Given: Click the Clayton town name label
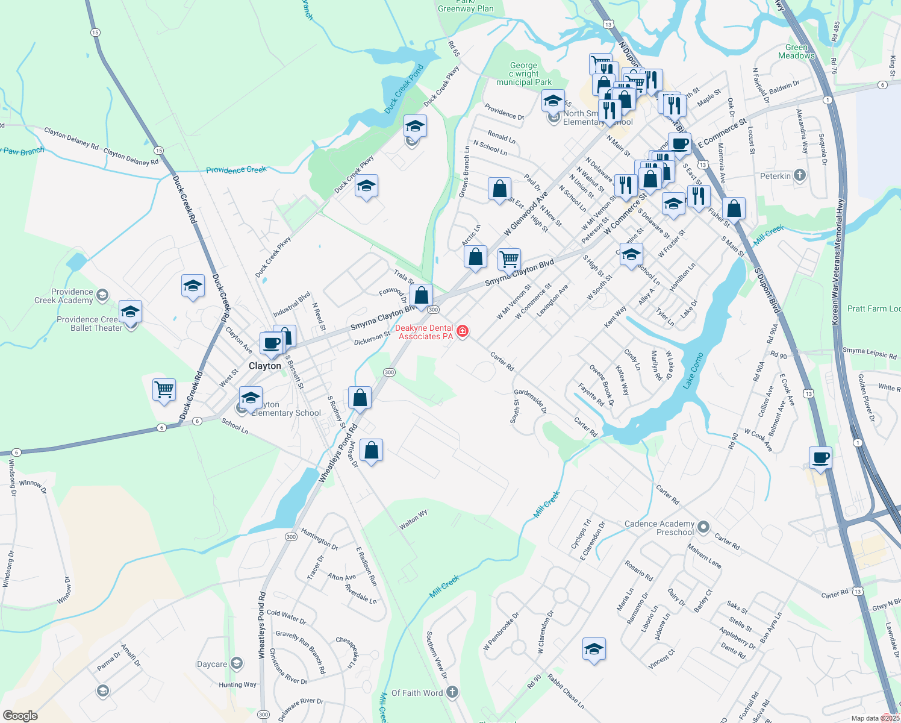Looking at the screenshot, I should pyautogui.click(x=265, y=366).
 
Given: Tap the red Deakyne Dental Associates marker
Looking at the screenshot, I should pyautogui.click(x=463, y=331).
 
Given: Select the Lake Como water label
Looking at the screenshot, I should pyautogui.click(x=693, y=371).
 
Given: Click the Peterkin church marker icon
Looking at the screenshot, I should pyautogui.click(x=799, y=175).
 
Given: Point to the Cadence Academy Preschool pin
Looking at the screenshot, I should pyautogui.click(x=703, y=528).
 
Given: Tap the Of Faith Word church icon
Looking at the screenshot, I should pyautogui.click(x=452, y=692).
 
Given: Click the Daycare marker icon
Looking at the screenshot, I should pyautogui.click(x=237, y=664).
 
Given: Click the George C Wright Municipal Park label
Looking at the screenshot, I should pyautogui.click(x=523, y=74).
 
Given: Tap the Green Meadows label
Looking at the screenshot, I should pyautogui.click(x=796, y=52).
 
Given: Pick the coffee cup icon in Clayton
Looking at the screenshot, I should pyautogui.click(x=272, y=343).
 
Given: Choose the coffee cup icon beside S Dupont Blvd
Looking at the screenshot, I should pyautogui.click(x=820, y=457).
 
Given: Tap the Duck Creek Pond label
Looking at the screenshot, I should pyautogui.click(x=404, y=89).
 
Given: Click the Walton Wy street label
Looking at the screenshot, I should pyautogui.click(x=413, y=519).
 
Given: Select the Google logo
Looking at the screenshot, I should pyautogui.click(x=20, y=715).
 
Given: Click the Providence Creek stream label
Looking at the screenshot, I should pyautogui.click(x=236, y=170).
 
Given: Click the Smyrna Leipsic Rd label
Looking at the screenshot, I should pyautogui.click(x=869, y=353).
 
